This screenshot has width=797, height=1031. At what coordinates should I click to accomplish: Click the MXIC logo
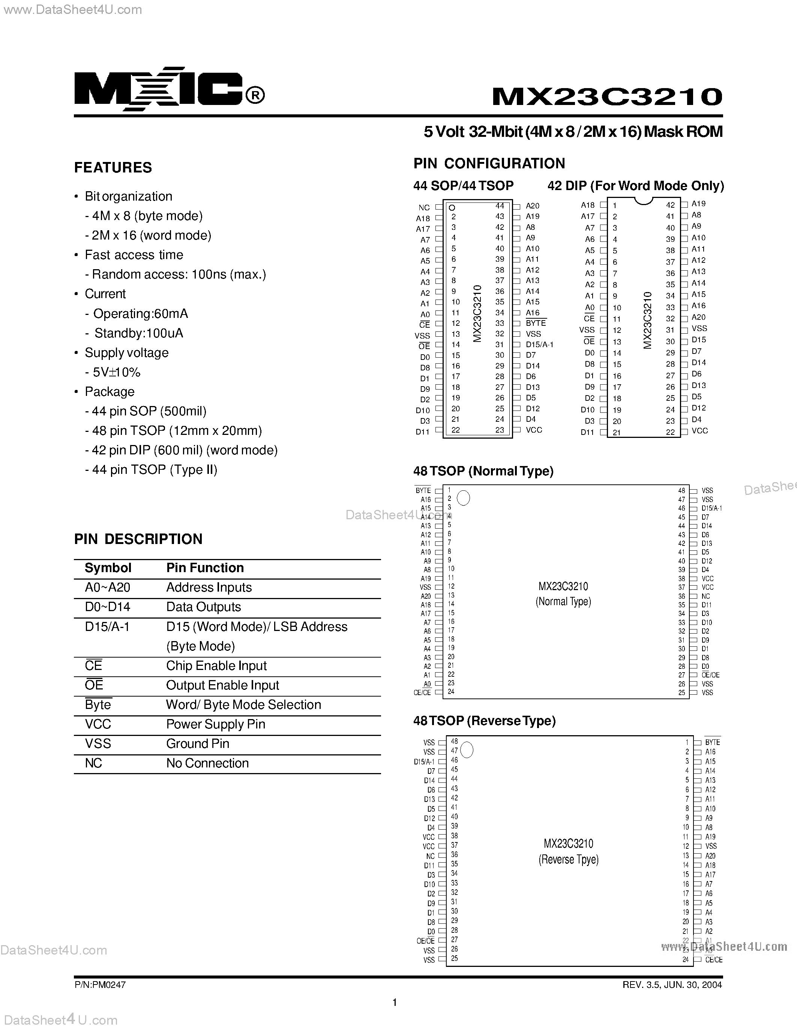[x=169, y=89]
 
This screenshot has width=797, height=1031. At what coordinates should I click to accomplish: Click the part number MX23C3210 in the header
[x=607, y=96]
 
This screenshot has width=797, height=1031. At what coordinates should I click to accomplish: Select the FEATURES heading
[x=113, y=168]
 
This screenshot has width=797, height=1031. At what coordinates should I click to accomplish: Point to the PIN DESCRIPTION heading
[x=138, y=539]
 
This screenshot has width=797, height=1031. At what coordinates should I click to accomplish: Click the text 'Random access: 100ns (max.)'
[x=179, y=274]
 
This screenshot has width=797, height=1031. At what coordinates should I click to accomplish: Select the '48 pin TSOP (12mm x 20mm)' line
[x=177, y=430]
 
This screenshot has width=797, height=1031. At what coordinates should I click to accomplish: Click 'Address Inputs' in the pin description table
[x=209, y=587]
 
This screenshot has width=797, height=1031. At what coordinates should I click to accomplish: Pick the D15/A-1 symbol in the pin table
[x=107, y=626]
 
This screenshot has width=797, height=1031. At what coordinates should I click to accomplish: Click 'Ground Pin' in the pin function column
[x=197, y=743]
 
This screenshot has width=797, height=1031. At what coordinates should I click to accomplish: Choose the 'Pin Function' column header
[x=205, y=568]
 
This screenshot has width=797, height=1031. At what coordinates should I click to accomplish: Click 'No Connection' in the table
[x=207, y=763]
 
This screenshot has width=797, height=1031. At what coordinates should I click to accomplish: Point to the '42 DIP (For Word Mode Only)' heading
[x=635, y=186]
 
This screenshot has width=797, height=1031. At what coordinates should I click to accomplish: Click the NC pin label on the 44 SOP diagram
[x=424, y=208]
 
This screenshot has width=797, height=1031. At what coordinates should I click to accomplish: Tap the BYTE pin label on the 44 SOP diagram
[x=536, y=323]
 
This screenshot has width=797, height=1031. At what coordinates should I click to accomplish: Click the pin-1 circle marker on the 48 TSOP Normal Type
[x=464, y=498]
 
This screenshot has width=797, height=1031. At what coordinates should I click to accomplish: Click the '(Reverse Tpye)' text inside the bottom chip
[x=569, y=860]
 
